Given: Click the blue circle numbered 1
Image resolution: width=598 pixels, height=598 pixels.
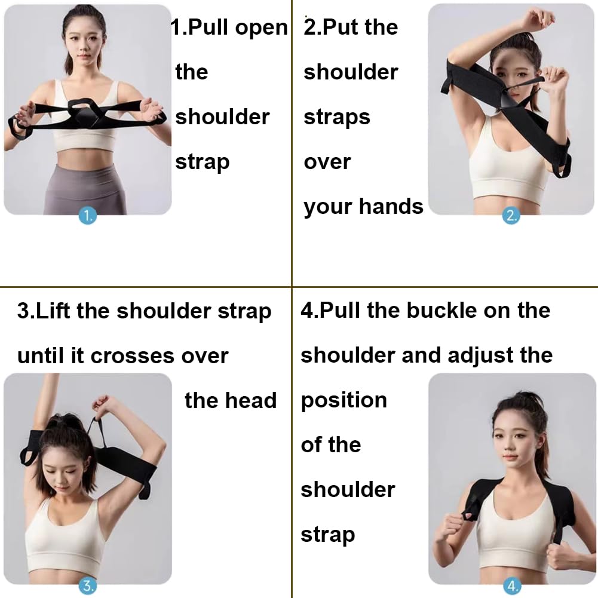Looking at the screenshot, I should (x=88, y=216).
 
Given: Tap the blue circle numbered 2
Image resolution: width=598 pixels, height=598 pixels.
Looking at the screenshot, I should (x=511, y=216).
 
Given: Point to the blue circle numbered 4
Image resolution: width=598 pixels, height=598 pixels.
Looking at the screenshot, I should (x=511, y=586).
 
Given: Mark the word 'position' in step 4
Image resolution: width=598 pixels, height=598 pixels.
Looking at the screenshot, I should (x=344, y=401).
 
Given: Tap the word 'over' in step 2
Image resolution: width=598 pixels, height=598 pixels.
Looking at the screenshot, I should (x=327, y=162).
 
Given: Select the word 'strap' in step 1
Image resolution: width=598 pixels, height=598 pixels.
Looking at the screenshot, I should (x=202, y=162).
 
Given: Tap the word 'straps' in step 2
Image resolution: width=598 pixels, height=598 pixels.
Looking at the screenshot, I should (x=336, y=117).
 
